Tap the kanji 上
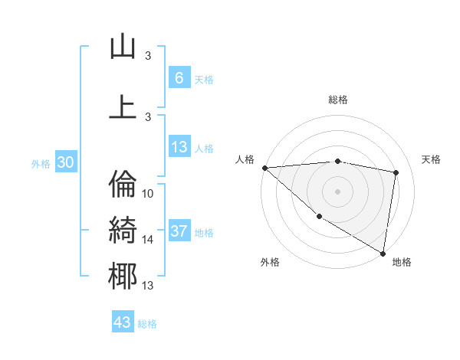[123, 106]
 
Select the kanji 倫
[123, 183]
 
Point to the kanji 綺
[123, 229]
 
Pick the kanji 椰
[123, 276]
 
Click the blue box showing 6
[179, 78]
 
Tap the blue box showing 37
[179, 231]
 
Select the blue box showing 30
[65, 162]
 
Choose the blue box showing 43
[123, 322]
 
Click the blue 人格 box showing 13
[179, 147]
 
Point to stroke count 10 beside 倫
[148, 194]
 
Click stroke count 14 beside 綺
[148, 240]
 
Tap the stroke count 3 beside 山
[148, 56]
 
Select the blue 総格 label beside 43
[147, 324]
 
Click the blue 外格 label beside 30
[41, 163]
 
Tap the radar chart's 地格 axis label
[402, 263]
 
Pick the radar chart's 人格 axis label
[245, 159]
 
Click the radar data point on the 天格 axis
[396, 172]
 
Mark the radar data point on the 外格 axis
[319, 216]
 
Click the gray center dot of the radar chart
[337, 191]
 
